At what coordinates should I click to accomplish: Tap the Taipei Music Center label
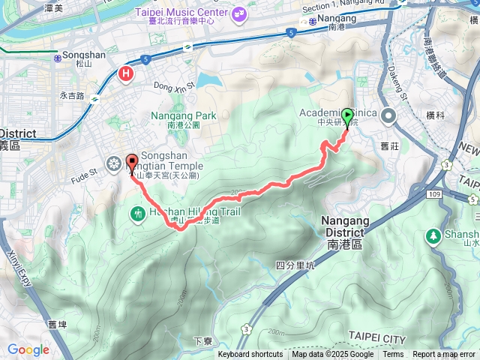coord(182,13)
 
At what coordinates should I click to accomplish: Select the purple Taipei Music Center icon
coord(238,13)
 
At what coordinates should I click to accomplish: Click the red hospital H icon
coord(126,73)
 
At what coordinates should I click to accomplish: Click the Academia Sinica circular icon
coord(388,116)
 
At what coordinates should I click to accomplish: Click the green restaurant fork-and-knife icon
coord(138,214)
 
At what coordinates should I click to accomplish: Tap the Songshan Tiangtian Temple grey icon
coord(113,163)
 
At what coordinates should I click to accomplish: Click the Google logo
coord(28,349)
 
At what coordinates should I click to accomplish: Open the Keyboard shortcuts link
coord(251,355)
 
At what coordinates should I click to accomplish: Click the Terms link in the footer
coord(392,355)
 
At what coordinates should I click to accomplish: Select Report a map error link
coord(445,355)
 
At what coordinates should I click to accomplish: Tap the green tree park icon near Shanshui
coord(433,236)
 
